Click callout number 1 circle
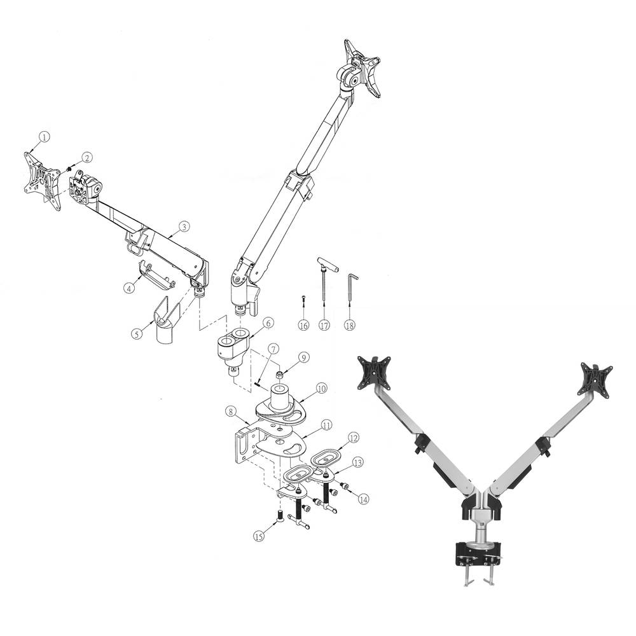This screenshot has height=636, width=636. (x=43, y=137)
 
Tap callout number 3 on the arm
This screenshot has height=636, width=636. (x=183, y=226)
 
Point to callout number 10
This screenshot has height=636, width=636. (x=321, y=387)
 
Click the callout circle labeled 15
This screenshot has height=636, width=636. (x=258, y=536)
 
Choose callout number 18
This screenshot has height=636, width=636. (x=350, y=324)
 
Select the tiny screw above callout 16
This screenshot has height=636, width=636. (x=304, y=299)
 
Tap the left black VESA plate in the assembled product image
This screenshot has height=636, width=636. (x=375, y=371)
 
